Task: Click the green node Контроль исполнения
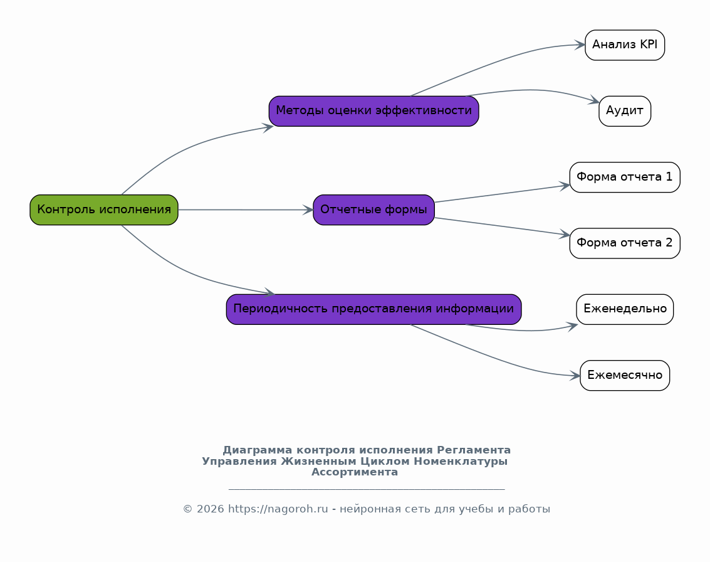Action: point(104,210)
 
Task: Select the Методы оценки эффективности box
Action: point(373,111)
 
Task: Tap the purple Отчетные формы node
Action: point(373,210)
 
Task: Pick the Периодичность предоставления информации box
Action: point(373,309)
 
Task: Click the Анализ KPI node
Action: point(625,45)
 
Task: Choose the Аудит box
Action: point(625,111)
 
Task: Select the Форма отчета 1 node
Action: point(625,178)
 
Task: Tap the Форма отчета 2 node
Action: point(625,243)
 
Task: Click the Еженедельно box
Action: point(625,309)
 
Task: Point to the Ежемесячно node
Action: point(625,375)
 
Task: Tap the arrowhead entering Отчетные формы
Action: point(308,210)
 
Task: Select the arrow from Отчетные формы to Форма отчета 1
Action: point(502,194)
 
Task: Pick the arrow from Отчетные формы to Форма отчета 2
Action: point(502,226)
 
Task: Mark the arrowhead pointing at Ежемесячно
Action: point(575,375)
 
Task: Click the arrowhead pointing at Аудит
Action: point(594,100)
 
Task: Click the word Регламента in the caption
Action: point(474,450)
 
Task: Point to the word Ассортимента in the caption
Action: point(355,472)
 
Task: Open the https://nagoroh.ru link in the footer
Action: point(278,509)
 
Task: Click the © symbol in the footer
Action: point(187,509)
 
